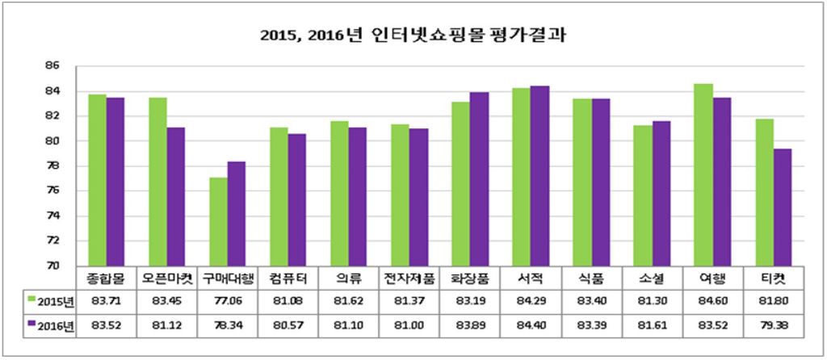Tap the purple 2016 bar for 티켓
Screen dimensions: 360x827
782,207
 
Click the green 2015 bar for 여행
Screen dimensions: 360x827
703,175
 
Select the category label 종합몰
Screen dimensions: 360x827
107,278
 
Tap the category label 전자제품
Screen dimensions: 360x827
409,278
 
